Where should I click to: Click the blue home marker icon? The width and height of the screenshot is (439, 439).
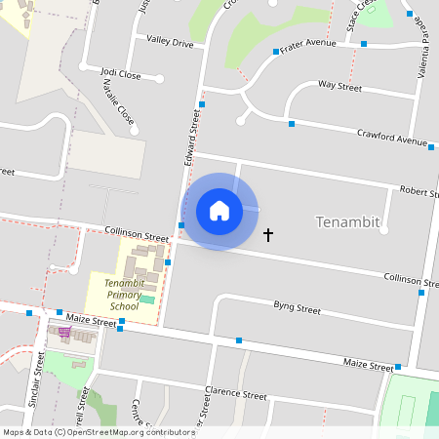(219, 211)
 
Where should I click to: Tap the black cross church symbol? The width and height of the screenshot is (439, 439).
(269, 235)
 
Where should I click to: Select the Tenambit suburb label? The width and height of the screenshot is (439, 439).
(347, 222)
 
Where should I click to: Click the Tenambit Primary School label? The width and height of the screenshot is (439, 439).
(123, 294)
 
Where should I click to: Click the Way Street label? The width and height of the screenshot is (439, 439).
(339, 87)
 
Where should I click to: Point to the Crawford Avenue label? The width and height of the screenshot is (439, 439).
(391, 139)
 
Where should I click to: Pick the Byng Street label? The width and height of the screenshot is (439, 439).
(297, 308)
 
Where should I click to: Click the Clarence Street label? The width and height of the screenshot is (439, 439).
(235, 396)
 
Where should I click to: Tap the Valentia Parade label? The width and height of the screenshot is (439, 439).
(424, 54)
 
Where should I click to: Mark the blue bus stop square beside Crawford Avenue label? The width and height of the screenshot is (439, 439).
(431, 148)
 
